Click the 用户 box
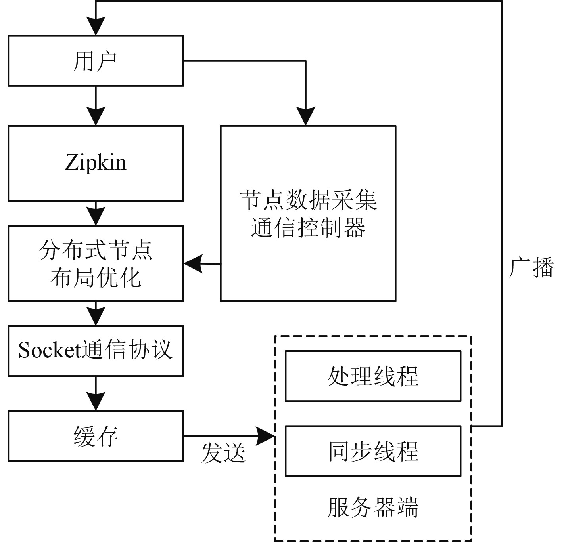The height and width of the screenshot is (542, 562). [x=96, y=61]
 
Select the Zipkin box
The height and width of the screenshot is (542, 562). [x=96, y=163]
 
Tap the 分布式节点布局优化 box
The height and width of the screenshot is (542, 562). [x=96, y=263]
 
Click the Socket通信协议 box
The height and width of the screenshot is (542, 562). [x=96, y=351]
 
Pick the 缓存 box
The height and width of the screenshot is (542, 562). [x=96, y=436]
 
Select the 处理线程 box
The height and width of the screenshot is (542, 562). [x=373, y=376]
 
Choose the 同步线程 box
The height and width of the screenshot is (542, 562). [x=373, y=451]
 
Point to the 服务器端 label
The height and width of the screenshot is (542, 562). [x=373, y=508]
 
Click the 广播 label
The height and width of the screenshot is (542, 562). [x=531, y=268]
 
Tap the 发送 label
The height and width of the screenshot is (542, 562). [x=223, y=452]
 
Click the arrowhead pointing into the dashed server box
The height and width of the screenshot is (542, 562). [x=266, y=436]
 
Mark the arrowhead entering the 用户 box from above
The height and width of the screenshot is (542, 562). [x=96, y=27]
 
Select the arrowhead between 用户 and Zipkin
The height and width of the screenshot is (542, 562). [x=96, y=116]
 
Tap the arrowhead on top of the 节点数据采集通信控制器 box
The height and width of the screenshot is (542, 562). [x=305, y=116]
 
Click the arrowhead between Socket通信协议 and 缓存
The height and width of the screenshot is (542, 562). [x=96, y=401]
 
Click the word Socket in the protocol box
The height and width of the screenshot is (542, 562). [x=50, y=351]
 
